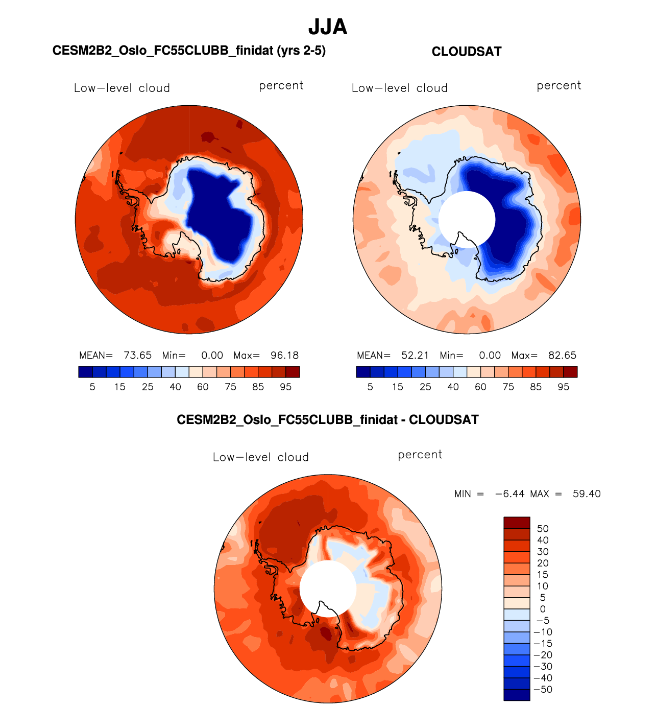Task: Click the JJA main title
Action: tap(328, 27)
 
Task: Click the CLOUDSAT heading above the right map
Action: tap(467, 52)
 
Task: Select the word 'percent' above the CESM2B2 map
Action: tap(281, 86)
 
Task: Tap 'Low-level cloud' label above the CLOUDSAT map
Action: tap(399, 88)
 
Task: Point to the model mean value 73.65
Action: tap(137, 356)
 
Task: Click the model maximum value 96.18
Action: tap(284, 356)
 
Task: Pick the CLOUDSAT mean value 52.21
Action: tap(415, 356)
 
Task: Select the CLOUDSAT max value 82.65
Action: tap(562, 356)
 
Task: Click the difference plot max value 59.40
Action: tap(587, 494)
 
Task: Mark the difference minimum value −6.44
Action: tap(510, 494)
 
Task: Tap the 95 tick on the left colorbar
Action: tap(285, 387)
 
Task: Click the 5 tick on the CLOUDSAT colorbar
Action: tap(370, 387)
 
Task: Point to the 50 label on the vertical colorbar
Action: tap(543, 529)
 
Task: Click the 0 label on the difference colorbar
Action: tap(543, 609)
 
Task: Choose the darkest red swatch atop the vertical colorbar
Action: tap(517, 523)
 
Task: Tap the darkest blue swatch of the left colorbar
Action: tap(86, 372)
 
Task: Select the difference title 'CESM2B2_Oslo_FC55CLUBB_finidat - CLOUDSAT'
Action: tap(328, 420)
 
